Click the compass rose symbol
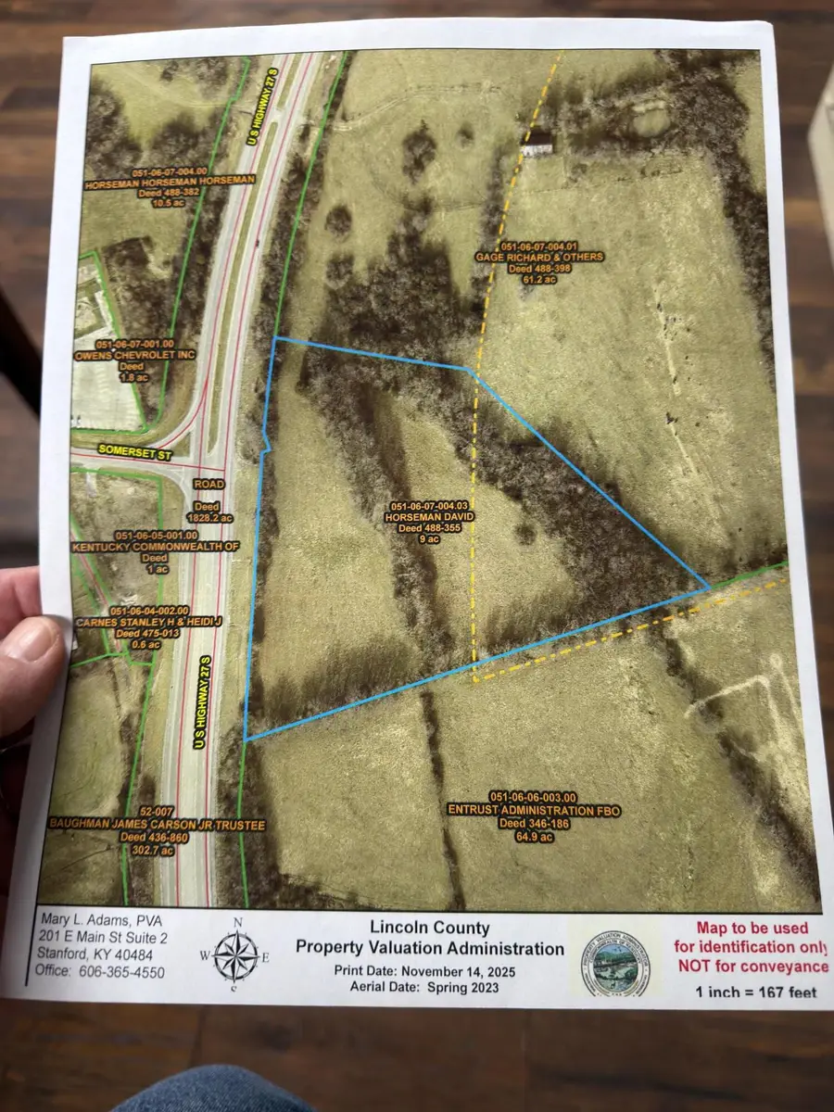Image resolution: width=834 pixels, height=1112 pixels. point(236,955)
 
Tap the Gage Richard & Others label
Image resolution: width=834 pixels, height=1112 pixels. point(538,256)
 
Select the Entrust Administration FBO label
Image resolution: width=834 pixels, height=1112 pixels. point(534,810)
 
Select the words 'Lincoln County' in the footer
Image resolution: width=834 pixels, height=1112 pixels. point(428,927)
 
